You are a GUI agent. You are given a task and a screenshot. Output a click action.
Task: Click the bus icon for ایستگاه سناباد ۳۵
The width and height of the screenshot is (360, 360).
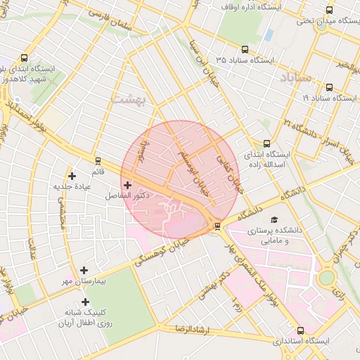245,49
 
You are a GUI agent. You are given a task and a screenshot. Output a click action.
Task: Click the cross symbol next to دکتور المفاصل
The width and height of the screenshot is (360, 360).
127,184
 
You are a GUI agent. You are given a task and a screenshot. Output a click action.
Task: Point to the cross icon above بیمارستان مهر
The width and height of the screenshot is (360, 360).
84,270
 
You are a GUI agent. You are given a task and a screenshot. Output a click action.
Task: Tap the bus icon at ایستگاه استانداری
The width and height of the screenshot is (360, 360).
301,330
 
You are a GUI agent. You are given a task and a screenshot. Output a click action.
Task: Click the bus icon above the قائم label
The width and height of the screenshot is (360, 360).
97,160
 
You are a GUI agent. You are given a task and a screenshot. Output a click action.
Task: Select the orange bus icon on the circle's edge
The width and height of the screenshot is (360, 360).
217,226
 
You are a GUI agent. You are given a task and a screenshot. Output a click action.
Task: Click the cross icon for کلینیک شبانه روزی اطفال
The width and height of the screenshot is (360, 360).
85,302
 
